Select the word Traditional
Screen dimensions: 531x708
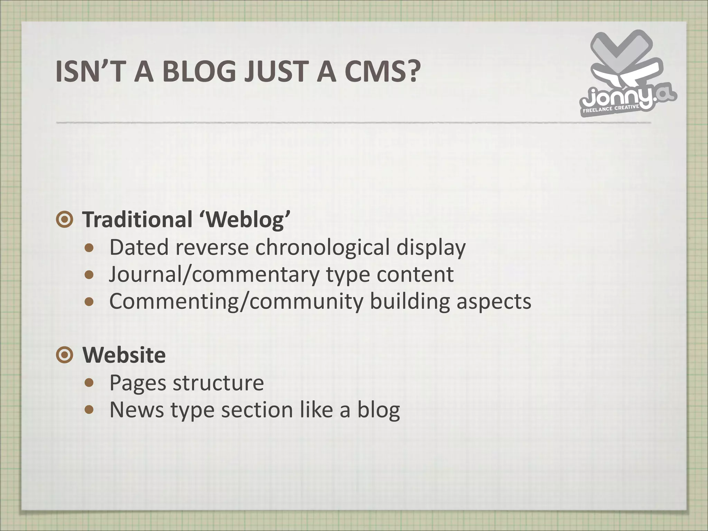pos(137,220)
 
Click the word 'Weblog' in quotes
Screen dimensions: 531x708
pos(244,220)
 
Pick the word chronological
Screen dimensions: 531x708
pos(323,248)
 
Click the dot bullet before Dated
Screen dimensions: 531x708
pos(89,248)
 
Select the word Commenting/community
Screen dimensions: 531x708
pos(236,301)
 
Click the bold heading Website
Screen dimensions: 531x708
pos(124,355)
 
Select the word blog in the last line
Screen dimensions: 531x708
pos(378,410)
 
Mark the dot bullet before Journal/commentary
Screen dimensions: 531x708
pos(89,275)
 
